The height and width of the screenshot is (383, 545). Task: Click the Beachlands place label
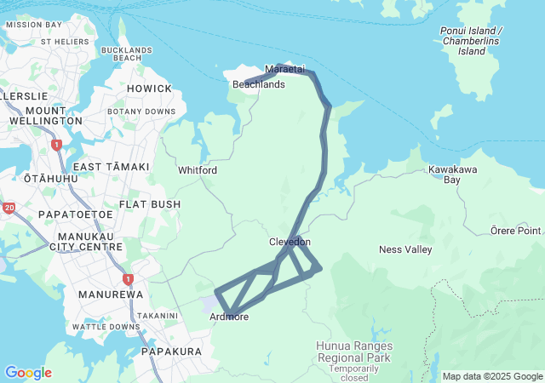pos(259,85)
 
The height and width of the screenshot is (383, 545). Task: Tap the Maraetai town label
pos(284,68)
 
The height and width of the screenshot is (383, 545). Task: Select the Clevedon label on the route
pos(290,242)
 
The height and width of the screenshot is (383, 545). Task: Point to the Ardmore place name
pos(229,317)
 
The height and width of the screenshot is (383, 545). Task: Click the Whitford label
pos(198,170)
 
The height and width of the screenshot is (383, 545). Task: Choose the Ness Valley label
pos(405,249)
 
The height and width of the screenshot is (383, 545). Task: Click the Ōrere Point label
pos(516,231)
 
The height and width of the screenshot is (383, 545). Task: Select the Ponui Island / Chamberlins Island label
pos(472,41)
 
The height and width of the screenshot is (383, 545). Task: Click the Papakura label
pos(171,352)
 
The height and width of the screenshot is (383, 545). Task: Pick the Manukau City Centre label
pos(88,241)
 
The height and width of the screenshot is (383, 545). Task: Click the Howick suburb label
pos(149,89)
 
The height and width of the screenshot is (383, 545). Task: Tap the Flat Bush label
pos(150,204)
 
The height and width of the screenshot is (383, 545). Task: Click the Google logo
pos(28,373)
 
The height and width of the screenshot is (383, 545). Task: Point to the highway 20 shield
pos(9,208)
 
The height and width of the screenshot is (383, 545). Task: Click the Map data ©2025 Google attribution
pos(492,376)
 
